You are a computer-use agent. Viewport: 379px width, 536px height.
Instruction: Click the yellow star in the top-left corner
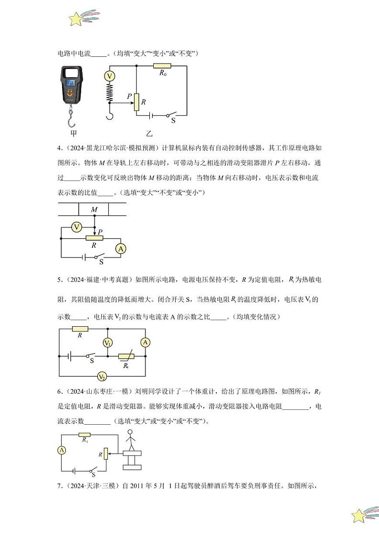[76, 20]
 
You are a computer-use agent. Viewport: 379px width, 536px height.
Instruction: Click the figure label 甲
[73, 133]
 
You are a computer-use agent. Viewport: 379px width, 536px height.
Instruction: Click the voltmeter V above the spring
[110, 76]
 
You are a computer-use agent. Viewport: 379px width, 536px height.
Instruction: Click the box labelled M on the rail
[94, 210]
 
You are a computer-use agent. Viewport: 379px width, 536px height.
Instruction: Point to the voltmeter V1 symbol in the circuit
[108, 343]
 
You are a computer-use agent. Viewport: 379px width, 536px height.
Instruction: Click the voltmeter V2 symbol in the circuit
[102, 376]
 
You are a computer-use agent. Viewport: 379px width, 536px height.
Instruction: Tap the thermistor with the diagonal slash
[126, 356]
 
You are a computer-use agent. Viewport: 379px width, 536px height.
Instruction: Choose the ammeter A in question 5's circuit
[146, 342]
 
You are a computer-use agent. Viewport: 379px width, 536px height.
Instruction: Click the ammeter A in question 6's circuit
[62, 450]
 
